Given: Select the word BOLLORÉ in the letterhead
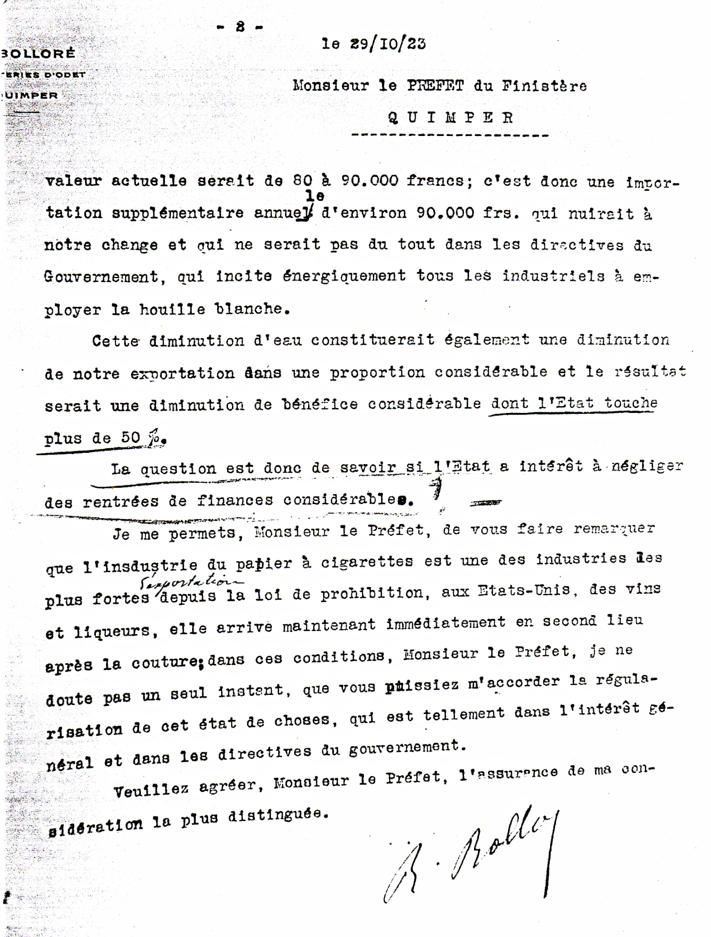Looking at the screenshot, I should [x=38, y=54].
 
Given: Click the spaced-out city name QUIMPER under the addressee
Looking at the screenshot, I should [x=450, y=118].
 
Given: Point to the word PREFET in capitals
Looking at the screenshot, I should [x=435, y=86].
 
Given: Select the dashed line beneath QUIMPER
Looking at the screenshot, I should [x=450, y=135].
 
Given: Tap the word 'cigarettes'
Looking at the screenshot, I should [x=367, y=561].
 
